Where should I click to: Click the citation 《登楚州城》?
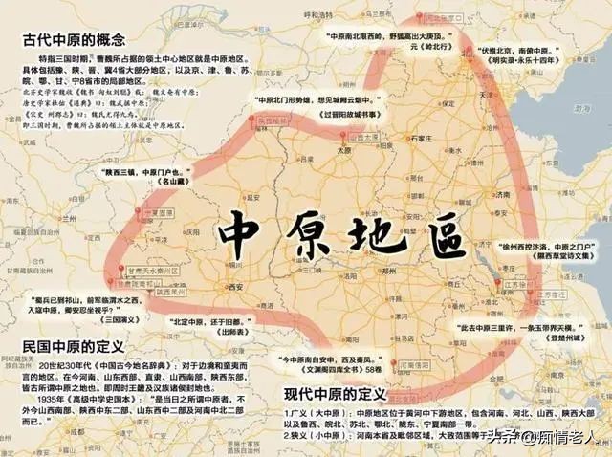pyautogui.click(x=551, y=338)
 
